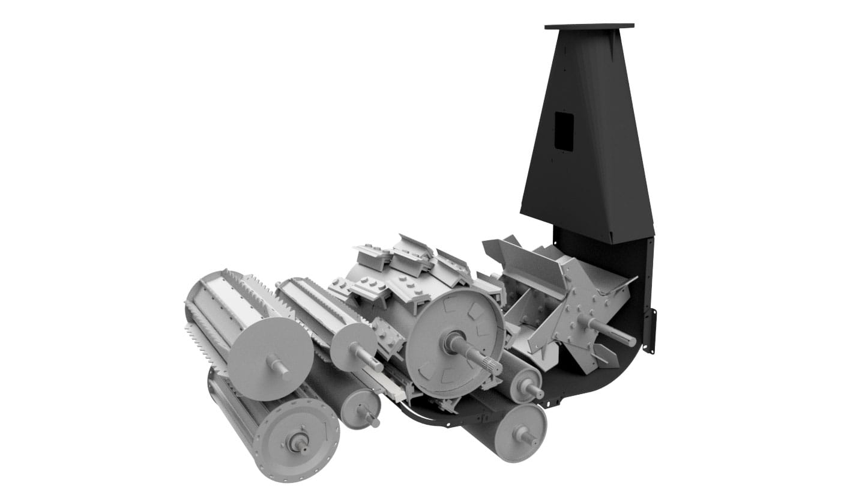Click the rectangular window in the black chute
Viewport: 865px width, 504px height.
(x=564, y=131)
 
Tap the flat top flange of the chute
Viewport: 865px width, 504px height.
(x=589, y=26)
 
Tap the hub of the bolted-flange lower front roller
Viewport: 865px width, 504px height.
(x=299, y=444)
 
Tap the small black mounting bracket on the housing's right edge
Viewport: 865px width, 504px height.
(x=650, y=331)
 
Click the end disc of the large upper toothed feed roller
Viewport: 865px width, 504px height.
(x=271, y=358)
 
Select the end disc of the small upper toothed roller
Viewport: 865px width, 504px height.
(x=352, y=347)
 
